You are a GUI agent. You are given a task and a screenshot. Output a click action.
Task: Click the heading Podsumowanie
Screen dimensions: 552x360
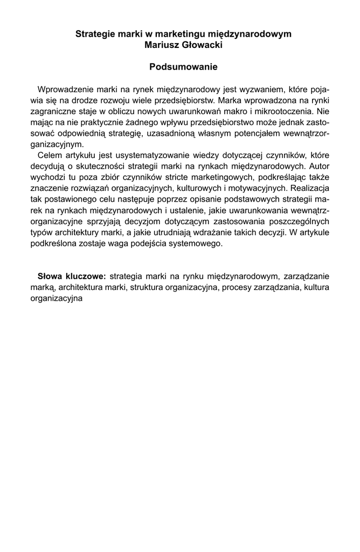pos(183,67)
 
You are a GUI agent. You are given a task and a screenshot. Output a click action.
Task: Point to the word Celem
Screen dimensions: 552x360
pos(50,155)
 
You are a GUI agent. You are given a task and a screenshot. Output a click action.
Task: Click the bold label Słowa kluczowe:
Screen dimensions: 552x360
pos(71,277)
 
